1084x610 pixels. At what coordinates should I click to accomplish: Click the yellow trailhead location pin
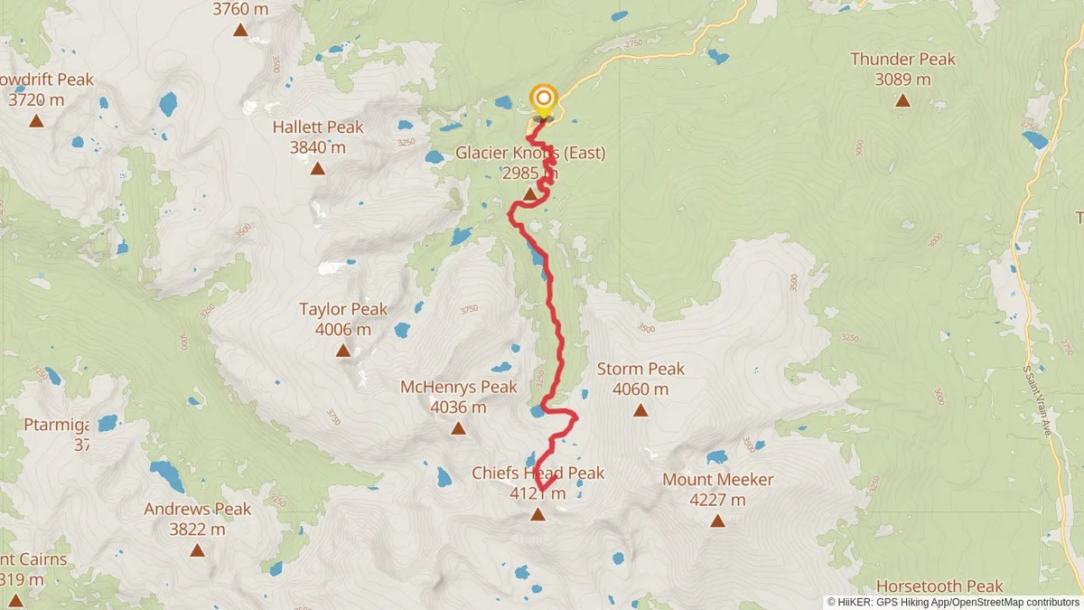(543, 100)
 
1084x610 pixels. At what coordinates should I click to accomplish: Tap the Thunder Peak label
(902, 60)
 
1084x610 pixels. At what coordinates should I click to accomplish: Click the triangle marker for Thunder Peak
(902, 99)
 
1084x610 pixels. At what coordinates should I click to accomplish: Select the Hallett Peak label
(318, 127)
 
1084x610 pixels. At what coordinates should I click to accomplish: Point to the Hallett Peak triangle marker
(318, 168)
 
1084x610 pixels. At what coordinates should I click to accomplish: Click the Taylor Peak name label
(343, 310)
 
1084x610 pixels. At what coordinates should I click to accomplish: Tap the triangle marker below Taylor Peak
(343, 350)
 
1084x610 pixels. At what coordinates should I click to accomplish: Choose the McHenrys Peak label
(459, 388)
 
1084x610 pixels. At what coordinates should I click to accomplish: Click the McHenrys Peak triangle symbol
(459, 428)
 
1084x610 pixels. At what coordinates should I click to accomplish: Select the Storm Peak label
(640, 370)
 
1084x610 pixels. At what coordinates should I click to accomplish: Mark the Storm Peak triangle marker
(640, 410)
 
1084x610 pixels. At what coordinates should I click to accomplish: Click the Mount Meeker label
(718, 480)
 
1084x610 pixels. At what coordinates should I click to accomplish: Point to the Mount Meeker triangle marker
(718, 521)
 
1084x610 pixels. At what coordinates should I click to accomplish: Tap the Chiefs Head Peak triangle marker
(537, 514)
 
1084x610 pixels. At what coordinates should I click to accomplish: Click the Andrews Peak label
(197, 510)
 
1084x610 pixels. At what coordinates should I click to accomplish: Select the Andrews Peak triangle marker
(197, 549)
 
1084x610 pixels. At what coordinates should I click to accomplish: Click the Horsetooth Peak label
(939, 587)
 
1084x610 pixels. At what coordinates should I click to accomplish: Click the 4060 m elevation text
(640, 389)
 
